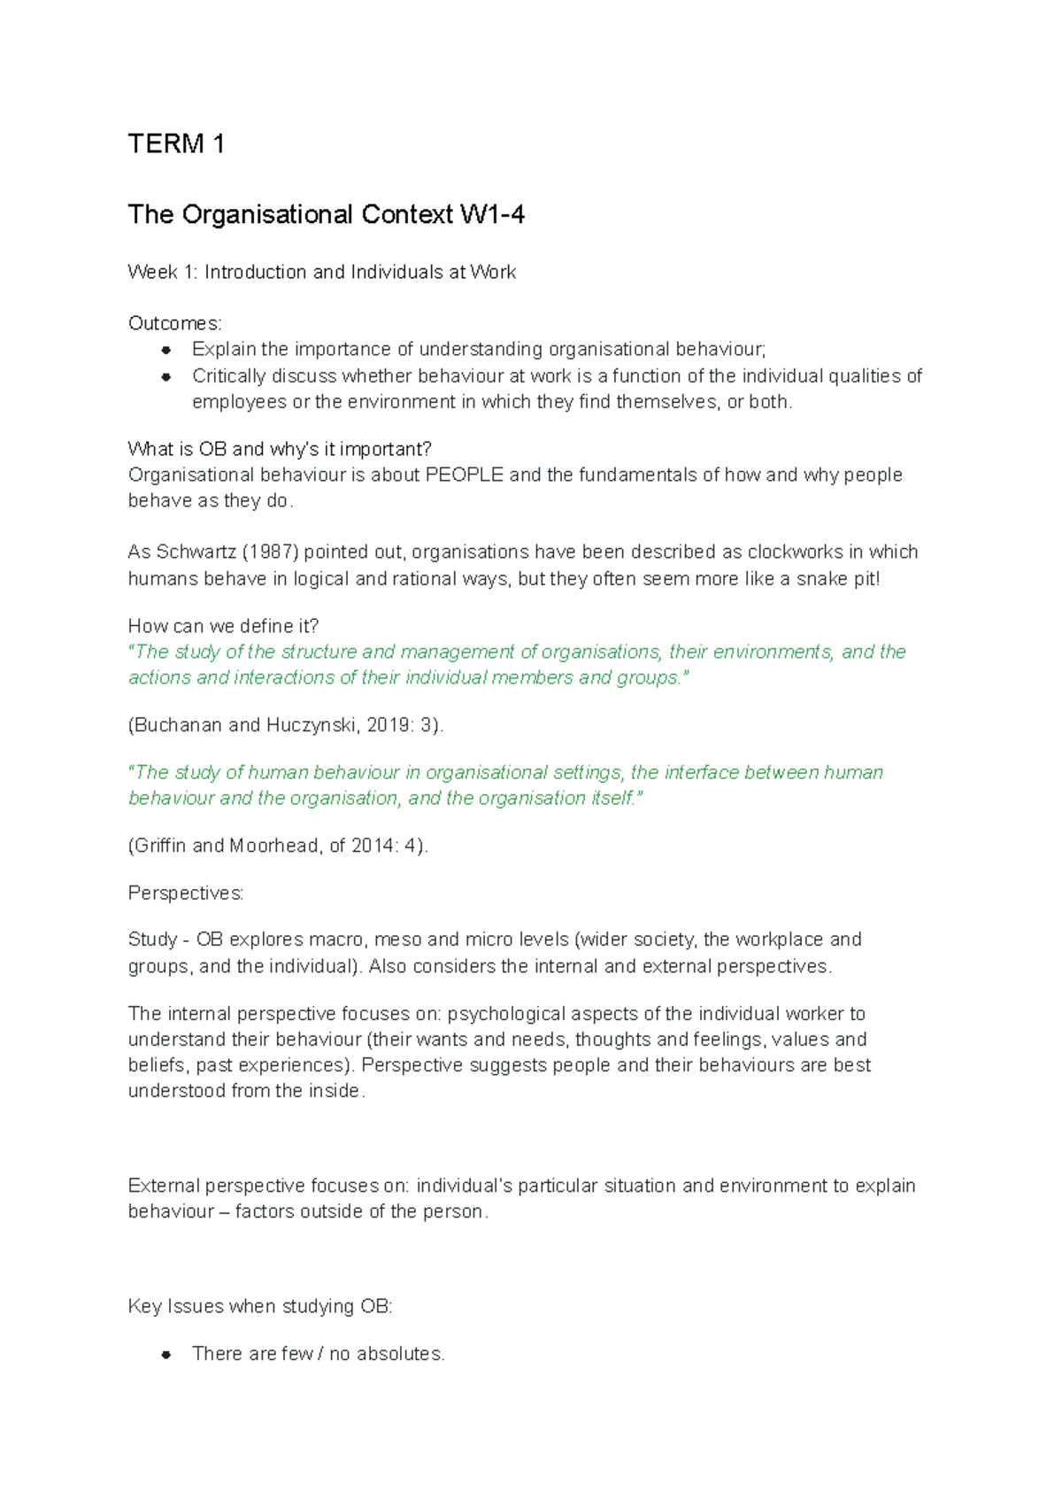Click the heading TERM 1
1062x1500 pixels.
176,143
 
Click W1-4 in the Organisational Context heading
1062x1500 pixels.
492,214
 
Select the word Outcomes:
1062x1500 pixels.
174,323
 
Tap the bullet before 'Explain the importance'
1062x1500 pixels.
166,350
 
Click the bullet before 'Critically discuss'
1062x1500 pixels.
166,376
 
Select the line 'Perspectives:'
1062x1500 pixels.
185,893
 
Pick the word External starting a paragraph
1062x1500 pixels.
164,1186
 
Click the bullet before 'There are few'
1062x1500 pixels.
166,1355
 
